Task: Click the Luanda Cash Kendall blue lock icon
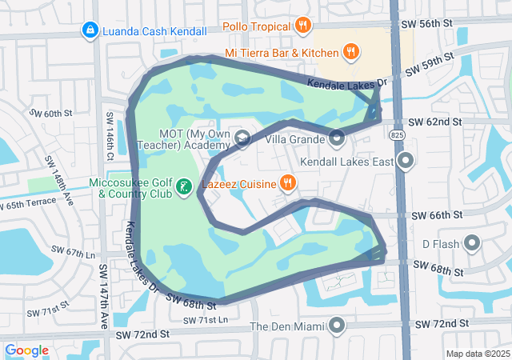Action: (x=90, y=30)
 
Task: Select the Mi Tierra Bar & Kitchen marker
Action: (x=350, y=53)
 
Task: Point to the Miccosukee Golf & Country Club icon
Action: (x=184, y=188)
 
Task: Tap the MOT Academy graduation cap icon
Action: (x=241, y=139)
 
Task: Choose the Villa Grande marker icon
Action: (x=337, y=138)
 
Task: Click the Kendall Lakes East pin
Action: (x=406, y=162)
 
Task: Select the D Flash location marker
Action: (x=471, y=242)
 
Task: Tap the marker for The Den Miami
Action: (x=337, y=326)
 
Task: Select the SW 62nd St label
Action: (x=435, y=122)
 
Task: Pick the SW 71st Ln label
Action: (x=205, y=320)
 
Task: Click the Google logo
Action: (x=27, y=350)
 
